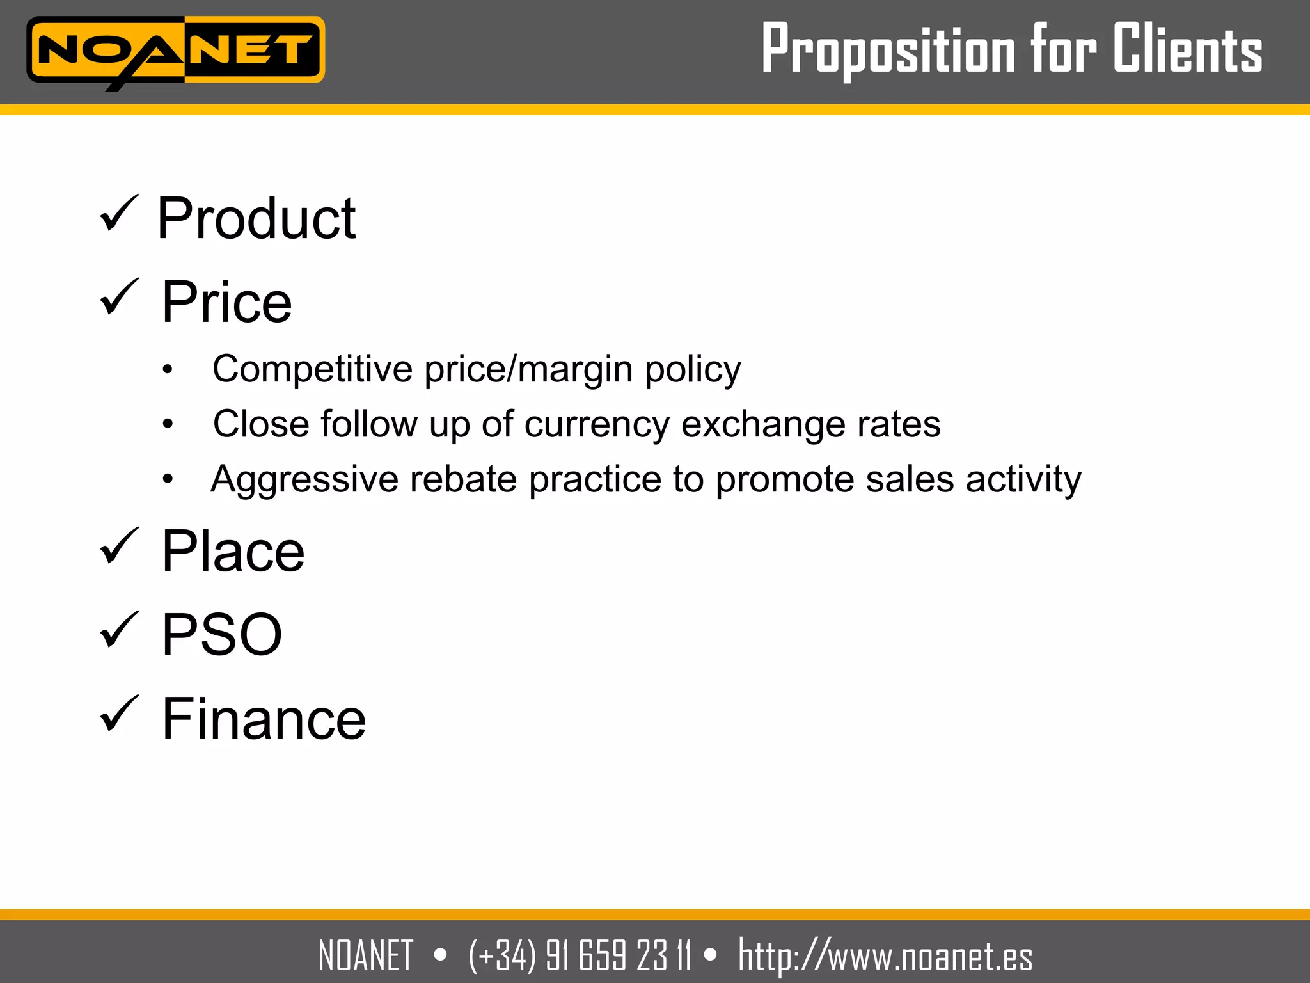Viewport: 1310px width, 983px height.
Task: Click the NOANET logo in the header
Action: click(175, 51)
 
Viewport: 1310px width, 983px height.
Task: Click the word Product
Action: click(256, 219)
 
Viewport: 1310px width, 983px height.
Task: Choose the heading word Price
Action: click(226, 302)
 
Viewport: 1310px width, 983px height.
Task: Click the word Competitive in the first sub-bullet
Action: click(312, 369)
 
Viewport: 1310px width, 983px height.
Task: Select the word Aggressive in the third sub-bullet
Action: click(304, 479)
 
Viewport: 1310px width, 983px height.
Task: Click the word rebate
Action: click(463, 479)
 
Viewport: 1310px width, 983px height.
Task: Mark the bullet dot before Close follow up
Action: click(168, 424)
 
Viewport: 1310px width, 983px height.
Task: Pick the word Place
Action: click(233, 552)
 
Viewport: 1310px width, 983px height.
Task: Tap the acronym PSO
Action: click(221, 635)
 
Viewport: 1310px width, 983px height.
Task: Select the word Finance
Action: click(264, 719)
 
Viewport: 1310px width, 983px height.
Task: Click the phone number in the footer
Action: click(580, 955)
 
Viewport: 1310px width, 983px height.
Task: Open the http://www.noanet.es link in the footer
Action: click(885, 955)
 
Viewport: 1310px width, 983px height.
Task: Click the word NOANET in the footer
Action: click(366, 955)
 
